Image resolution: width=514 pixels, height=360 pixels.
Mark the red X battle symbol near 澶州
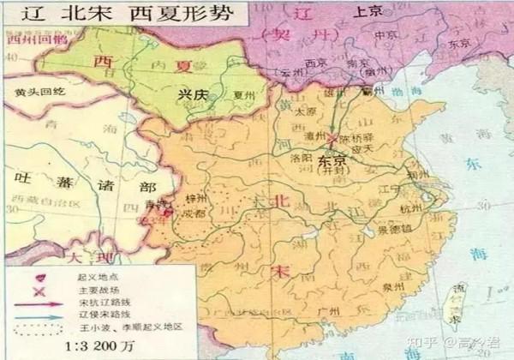tap(331, 138)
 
